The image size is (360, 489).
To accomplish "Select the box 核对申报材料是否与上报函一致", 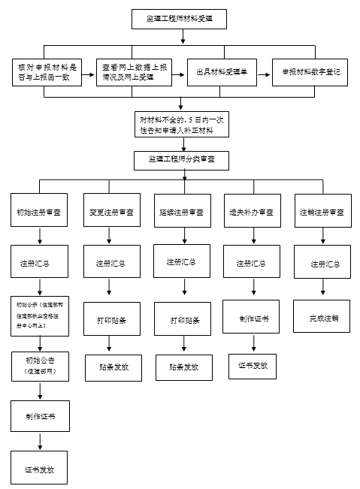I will coord(47,72).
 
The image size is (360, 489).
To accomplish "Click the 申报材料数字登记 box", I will coord(310,72).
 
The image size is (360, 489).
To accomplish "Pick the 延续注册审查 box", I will coord(181,213).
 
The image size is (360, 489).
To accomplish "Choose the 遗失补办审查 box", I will coord(251,213).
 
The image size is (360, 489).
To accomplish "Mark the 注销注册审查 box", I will coord(322,213).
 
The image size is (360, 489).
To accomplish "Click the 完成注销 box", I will coord(322,318).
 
